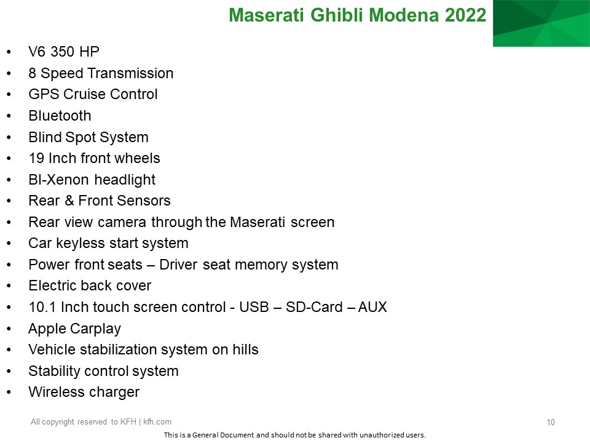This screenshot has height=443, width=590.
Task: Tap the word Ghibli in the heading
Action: pos(337,15)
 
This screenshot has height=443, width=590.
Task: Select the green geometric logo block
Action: pos(541,23)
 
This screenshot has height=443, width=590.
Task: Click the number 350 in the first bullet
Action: pos(62,52)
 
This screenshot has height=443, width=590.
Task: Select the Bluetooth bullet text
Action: pos(60,116)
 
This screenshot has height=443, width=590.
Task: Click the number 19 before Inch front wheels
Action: pos(36,158)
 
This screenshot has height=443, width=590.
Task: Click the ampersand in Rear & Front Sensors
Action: pos(69,201)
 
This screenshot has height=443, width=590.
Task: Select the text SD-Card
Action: pos(314,307)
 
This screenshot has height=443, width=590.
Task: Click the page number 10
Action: pos(551,422)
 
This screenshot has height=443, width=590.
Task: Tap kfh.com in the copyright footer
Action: pos(157,422)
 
